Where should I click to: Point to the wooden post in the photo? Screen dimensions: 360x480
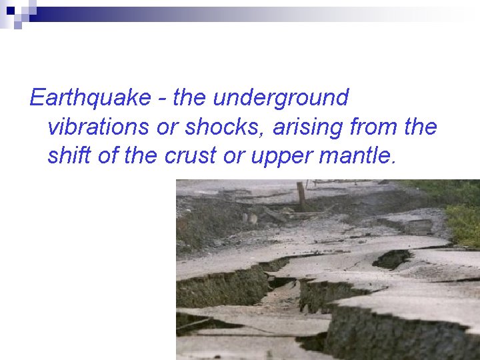click(301, 195)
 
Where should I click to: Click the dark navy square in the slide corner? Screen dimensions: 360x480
click(10, 10)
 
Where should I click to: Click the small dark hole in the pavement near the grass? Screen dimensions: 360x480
click(393, 259)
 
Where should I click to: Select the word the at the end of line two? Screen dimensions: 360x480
click(420, 127)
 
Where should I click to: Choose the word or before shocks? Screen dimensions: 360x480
click(167, 127)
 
